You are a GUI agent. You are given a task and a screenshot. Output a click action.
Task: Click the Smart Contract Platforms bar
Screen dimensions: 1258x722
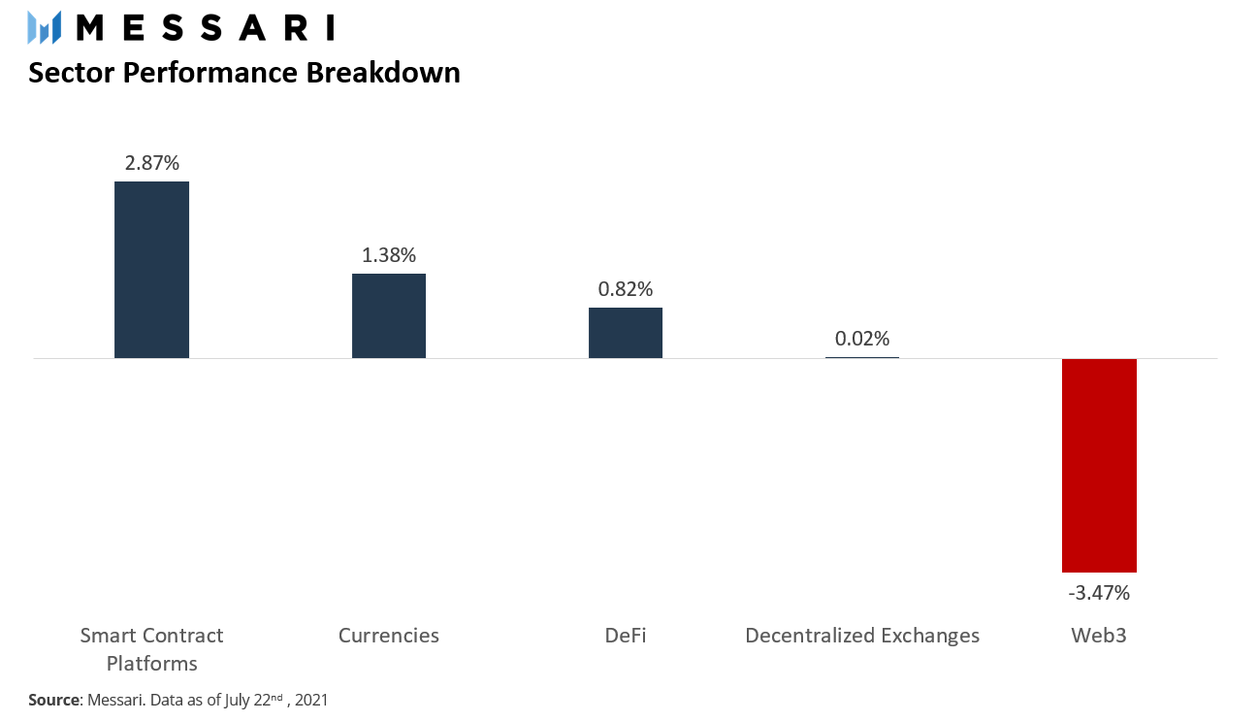coord(151,270)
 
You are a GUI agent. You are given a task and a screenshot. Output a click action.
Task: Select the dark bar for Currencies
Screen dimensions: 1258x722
coord(389,315)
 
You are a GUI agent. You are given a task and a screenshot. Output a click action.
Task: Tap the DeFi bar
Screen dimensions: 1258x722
coord(626,333)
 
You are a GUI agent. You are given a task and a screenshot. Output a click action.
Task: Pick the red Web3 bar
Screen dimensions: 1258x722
coord(1099,465)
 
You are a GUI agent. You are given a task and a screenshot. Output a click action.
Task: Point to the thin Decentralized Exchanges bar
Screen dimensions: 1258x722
coord(862,357)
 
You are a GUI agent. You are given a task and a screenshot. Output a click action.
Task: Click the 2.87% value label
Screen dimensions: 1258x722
coord(151,163)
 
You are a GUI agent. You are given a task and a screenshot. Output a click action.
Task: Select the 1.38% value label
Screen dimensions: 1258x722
coord(389,255)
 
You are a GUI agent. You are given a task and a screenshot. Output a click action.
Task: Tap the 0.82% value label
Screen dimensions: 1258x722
coord(626,289)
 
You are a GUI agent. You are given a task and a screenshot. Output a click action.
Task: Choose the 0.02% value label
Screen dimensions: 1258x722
coord(862,339)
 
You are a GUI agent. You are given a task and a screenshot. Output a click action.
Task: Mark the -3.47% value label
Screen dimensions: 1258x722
coord(1099,593)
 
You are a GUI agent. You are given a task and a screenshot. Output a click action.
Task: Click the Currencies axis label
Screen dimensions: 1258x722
coord(389,636)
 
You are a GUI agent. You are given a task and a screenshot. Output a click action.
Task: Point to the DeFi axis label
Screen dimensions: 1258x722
coord(626,636)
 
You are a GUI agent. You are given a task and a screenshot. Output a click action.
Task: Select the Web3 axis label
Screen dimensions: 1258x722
coord(1099,636)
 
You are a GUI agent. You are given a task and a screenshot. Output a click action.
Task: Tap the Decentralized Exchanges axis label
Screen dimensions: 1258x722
coord(862,636)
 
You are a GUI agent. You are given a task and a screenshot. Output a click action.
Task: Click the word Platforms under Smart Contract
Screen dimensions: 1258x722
coord(151,664)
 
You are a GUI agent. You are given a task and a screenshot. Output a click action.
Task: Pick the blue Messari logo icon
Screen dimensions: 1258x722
coord(45,27)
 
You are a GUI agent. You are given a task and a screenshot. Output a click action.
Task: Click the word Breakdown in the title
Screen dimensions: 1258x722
coord(383,73)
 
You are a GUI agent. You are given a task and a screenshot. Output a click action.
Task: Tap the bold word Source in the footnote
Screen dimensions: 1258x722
coord(54,700)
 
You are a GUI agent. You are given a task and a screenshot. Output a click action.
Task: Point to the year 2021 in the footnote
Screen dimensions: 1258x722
coord(311,700)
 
